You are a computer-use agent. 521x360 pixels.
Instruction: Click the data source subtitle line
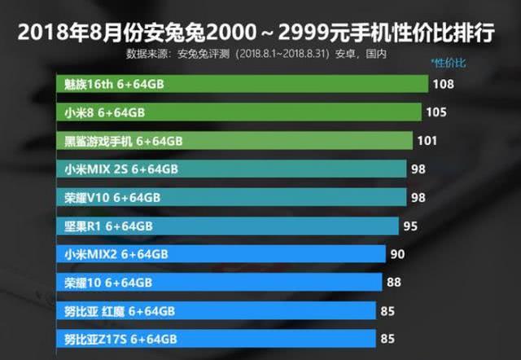pos(256,55)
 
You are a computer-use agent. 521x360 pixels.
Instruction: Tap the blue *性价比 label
pos(449,63)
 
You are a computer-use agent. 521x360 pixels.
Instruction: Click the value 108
pos(444,84)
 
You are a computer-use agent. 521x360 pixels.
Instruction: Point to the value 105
pos(438,112)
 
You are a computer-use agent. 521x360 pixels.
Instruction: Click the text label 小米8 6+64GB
pos(105,112)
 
